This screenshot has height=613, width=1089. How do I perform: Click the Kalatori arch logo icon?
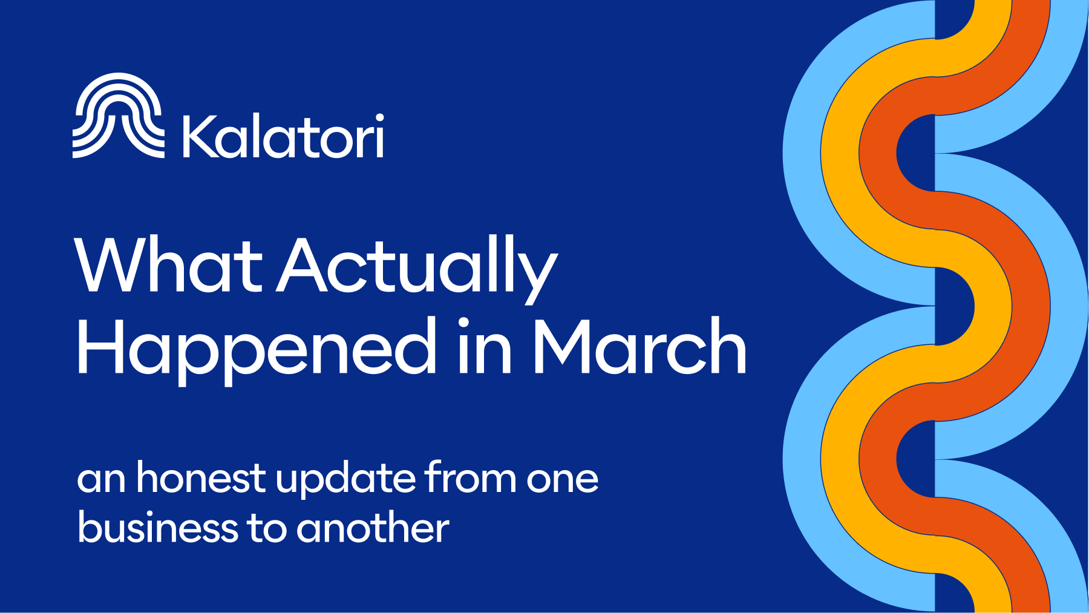pos(118,116)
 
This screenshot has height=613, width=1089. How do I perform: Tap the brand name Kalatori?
pos(283,136)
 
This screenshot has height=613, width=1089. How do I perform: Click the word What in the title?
pos(168,266)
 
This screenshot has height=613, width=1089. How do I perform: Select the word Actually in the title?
pos(417,266)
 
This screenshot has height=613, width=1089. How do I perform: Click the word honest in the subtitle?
pos(201,478)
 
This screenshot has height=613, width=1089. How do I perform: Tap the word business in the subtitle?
pos(158,528)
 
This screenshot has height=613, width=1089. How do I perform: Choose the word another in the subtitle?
pos(373,528)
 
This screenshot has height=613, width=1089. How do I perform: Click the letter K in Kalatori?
pos(200,136)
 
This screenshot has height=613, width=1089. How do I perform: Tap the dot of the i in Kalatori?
pos(379,118)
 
